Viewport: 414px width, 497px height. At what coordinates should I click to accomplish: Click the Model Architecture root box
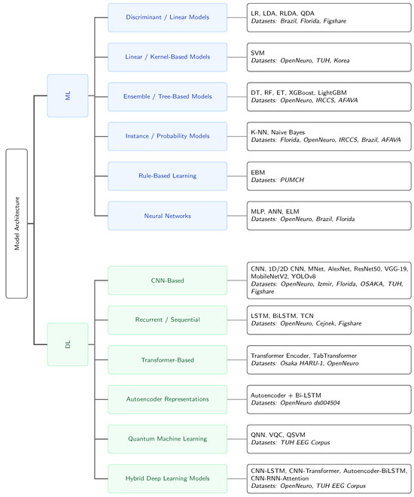(17, 223)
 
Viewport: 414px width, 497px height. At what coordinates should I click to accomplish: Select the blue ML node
(68, 95)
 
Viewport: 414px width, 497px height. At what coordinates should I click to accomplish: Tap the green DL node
(68, 344)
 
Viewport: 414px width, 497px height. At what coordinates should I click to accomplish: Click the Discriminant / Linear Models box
(168, 17)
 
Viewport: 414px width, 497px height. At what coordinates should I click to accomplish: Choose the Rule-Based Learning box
(168, 176)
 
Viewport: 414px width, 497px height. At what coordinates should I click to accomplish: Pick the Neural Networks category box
(168, 216)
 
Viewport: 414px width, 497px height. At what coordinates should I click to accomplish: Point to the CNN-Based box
(168, 280)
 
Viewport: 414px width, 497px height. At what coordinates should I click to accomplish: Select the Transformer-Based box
(168, 359)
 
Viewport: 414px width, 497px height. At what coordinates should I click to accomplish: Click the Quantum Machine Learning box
(168, 439)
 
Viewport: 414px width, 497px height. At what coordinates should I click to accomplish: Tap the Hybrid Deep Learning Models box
(168, 479)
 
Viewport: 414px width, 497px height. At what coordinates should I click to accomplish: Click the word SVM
(257, 53)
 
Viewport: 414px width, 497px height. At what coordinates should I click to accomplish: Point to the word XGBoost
(301, 92)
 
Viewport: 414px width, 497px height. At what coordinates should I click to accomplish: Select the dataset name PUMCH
(292, 180)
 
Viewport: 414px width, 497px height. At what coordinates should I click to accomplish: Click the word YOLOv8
(303, 277)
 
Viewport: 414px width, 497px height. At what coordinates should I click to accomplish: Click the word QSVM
(296, 435)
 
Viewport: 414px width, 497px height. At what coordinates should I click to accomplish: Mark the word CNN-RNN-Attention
(279, 478)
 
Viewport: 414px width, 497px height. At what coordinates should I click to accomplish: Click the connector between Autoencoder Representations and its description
(237, 399)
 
